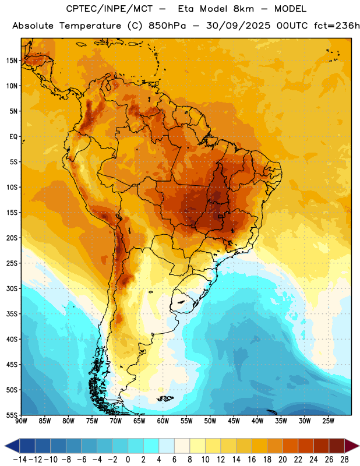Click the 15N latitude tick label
[x=12, y=61]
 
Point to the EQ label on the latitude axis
[x=13, y=137]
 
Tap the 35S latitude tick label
[x=12, y=314]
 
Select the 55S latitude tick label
[x=12, y=415]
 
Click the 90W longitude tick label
[x=21, y=421]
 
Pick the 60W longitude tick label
[x=163, y=421]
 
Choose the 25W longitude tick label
[x=328, y=421]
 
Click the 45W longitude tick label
[x=234, y=421]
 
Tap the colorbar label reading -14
[x=20, y=460]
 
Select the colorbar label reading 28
[x=344, y=460]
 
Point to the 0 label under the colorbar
[x=128, y=460]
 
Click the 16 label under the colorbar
[x=252, y=460]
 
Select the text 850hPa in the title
[x=167, y=26]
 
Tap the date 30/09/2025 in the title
[x=238, y=26]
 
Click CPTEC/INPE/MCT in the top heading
[x=109, y=9]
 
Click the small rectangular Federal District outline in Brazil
[x=221, y=216]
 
